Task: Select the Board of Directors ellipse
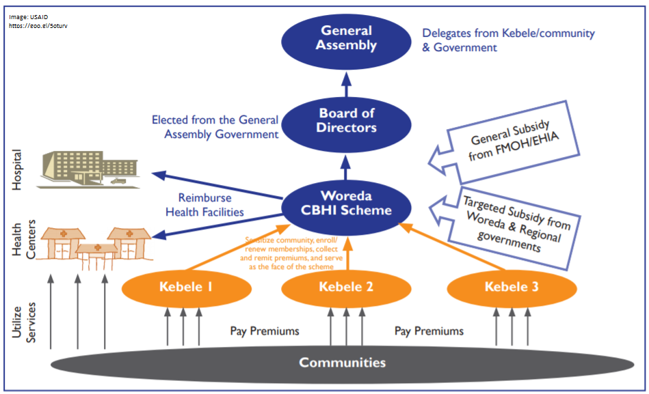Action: tap(347, 120)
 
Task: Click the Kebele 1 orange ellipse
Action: tap(176, 287)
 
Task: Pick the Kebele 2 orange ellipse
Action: tap(346, 287)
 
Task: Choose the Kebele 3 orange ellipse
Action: tap(512, 287)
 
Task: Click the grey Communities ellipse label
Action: tap(342, 362)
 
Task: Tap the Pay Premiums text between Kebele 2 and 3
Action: tap(429, 331)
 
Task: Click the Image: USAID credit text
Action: tap(29, 16)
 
